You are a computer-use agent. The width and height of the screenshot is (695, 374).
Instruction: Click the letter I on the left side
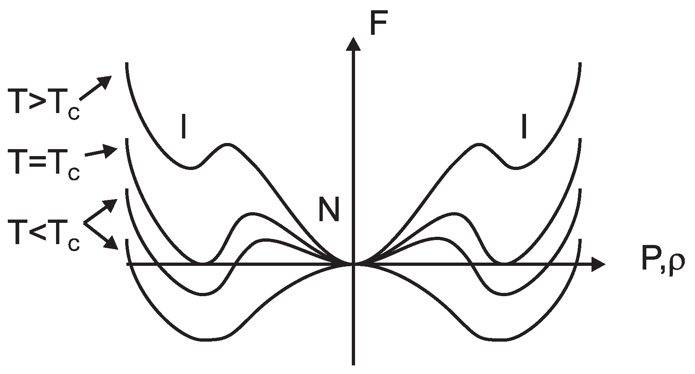(x=184, y=127)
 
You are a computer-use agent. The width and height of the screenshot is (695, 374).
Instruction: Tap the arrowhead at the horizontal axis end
(x=598, y=265)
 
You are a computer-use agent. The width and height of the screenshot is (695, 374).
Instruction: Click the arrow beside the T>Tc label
(x=95, y=88)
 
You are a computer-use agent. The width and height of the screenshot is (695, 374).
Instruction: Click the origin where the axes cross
(x=353, y=265)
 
